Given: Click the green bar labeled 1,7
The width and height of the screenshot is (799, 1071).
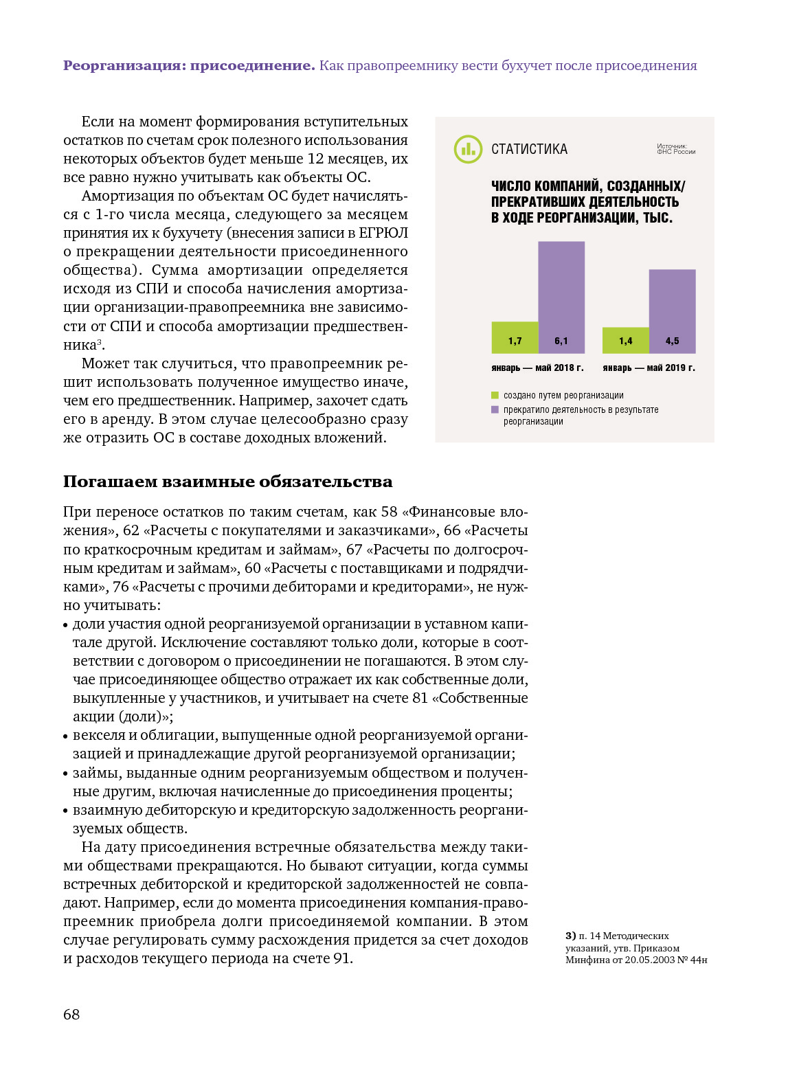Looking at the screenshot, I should click(515, 337).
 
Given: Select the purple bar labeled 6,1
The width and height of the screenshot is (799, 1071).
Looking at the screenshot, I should click(561, 297).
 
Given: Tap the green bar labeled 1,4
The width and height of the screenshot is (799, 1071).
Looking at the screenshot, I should click(625, 340).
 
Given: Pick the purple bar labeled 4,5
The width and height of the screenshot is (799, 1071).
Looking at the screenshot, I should click(672, 311).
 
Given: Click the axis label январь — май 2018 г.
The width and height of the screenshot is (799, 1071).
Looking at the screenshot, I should click(537, 368).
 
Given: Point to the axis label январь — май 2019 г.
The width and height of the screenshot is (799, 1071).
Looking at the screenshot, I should click(649, 368).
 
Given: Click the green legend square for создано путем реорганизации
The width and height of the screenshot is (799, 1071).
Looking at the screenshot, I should click(495, 395).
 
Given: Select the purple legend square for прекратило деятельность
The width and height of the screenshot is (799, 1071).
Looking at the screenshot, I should click(495, 409).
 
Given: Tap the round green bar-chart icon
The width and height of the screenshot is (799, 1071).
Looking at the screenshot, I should click(468, 149).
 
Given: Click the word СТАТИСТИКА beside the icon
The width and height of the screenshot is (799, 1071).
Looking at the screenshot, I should click(529, 149).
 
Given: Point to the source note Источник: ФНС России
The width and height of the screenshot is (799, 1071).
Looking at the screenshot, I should click(675, 149).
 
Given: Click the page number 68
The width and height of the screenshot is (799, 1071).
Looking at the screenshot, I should click(71, 1015).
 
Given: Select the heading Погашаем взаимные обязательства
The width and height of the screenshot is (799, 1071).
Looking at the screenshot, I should click(227, 482).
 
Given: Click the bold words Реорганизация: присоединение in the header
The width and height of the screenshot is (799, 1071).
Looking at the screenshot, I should click(189, 66).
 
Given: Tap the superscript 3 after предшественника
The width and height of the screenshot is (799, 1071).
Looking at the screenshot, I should click(99, 341).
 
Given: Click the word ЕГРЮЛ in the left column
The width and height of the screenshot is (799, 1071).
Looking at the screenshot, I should click(383, 233).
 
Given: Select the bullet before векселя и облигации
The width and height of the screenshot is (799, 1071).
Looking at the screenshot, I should click(66, 736).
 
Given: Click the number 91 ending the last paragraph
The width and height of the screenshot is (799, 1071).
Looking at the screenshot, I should click(341, 958).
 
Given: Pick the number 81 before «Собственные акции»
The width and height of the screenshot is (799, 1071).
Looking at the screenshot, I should click(420, 698).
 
